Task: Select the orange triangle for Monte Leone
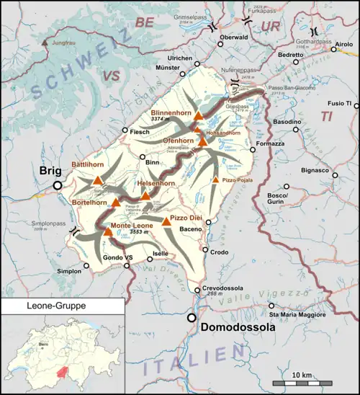click(x=107, y=232)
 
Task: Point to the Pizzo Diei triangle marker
click(x=167, y=221)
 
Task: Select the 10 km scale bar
click(x=302, y=381)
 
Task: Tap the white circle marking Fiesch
click(x=125, y=130)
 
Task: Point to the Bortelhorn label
click(x=90, y=203)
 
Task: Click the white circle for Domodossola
click(x=192, y=317)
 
